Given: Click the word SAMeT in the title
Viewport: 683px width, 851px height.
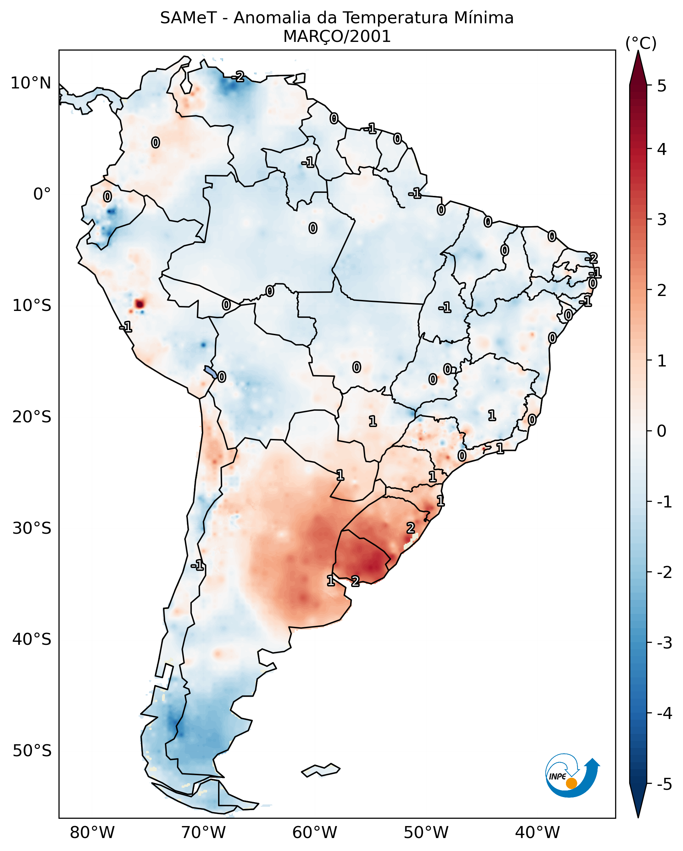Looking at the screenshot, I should pyautogui.click(x=188, y=18).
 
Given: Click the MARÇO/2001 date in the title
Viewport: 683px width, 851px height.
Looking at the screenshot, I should pyautogui.click(x=337, y=37).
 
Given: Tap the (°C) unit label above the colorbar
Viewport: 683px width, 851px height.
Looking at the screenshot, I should pyautogui.click(x=641, y=44).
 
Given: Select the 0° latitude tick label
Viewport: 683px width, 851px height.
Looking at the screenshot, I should pyautogui.click(x=42, y=194).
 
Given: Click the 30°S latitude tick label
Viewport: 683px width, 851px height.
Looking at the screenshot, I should pyautogui.click(x=32, y=528).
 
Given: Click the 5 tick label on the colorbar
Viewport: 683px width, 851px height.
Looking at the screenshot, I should pyautogui.click(x=662, y=86).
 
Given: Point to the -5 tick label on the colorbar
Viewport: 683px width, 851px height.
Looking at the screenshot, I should pyautogui.click(x=664, y=784).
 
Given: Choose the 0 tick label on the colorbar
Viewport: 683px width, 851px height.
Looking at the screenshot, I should pyautogui.click(x=662, y=431).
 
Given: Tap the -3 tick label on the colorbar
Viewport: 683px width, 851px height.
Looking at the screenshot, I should pyautogui.click(x=664, y=643).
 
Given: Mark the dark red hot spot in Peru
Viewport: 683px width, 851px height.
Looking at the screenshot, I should pyautogui.click(x=139, y=304).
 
